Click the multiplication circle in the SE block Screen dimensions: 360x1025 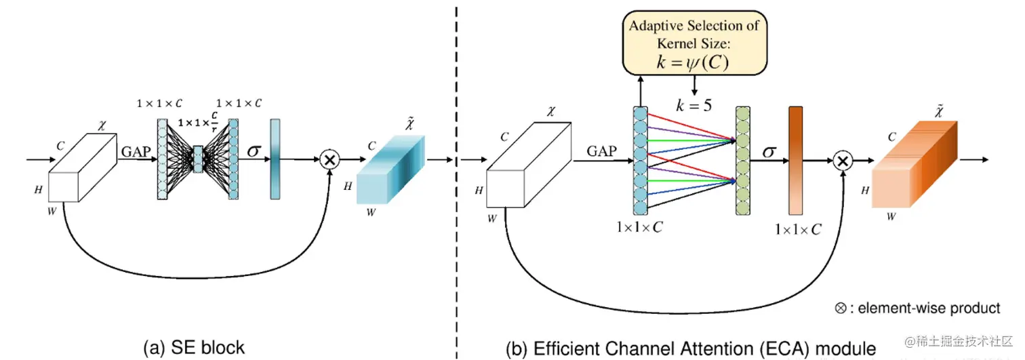[x=330, y=160]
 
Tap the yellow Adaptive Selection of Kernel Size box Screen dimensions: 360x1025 [x=695, y=42]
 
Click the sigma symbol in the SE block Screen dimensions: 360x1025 [x=254, y=150]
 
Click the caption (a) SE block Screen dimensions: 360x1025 [x=194, y=348]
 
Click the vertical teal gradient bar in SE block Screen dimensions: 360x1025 [x=275, y=159]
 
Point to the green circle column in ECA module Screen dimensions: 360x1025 [x=743, y=161]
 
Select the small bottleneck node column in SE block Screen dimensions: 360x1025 [x=198, y=159]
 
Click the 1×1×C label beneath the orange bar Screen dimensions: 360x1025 [x=798, y=230]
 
